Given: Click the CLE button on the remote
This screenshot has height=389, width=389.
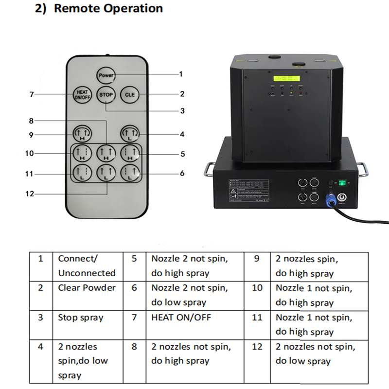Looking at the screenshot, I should [129, 94].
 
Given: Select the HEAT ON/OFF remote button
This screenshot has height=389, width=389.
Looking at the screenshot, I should [82, 94].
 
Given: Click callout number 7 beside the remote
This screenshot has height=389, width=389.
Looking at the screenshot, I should [32, 94].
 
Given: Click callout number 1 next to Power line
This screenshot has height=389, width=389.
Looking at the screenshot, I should [181, 74].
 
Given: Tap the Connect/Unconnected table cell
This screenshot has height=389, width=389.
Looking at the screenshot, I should [87, 265].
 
